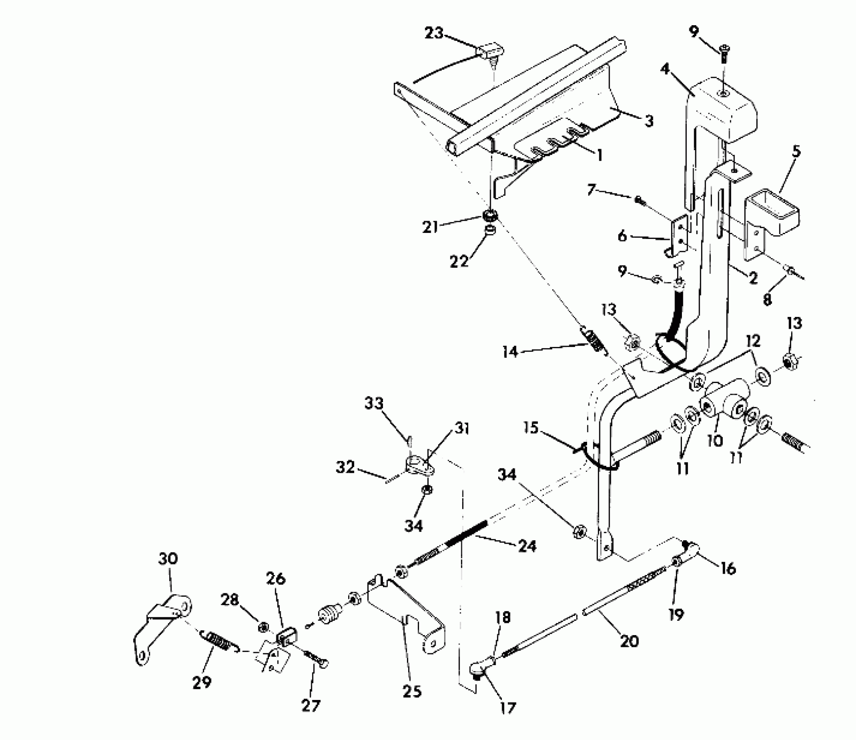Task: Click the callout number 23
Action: click(x=433, y=33)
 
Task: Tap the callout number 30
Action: click(x=168, y=558)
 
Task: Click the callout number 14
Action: click(x=510, y=351)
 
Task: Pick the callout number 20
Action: click(x=629, y=641)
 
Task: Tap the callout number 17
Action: click(x=507, y=708)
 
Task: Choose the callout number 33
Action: click(x=374, y=404)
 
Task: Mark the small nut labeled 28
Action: click(x=263, y=627)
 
